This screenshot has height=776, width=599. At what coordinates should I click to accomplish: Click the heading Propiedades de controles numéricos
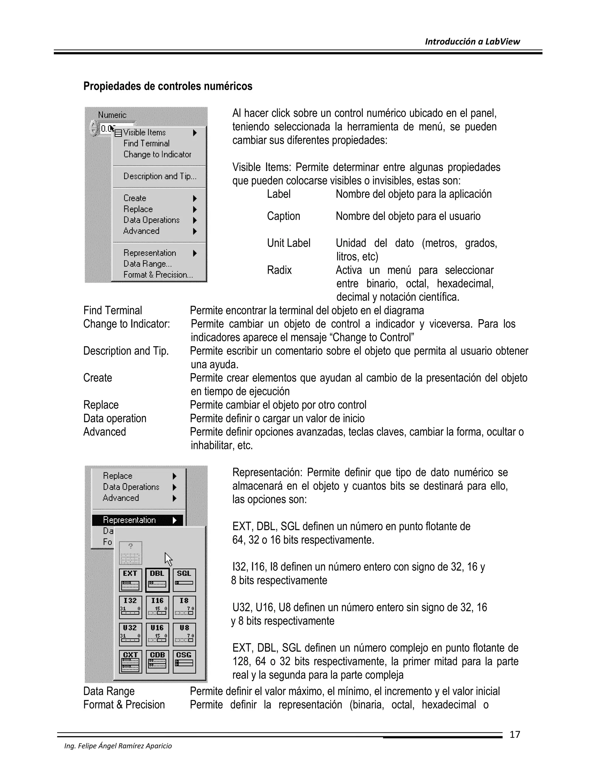[168, 86]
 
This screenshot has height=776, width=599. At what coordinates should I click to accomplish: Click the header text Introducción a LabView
[472, 42]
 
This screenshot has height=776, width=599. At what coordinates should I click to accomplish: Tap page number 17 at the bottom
[514, 734]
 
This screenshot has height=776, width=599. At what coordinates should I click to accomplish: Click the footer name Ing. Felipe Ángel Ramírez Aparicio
[118, 746]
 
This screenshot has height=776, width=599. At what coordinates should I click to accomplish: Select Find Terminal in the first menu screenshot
[146, 143]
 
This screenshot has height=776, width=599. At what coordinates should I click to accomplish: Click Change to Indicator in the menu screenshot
[157, 155]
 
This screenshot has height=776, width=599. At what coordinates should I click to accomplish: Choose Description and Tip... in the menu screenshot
[160, 176]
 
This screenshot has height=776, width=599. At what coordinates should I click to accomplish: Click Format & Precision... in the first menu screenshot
[158, 275]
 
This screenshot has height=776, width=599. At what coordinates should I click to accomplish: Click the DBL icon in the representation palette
[157, 580]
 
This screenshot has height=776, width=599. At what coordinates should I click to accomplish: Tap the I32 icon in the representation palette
[130, 607]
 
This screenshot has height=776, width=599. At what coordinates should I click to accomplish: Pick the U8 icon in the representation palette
[184, 634]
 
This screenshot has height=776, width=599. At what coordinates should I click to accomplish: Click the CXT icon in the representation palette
[130, 661]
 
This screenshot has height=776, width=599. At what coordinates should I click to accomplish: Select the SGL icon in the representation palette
[184, 580]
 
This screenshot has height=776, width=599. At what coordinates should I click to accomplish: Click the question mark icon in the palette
[130, 553]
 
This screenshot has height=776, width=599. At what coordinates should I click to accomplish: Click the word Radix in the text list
[279, 270]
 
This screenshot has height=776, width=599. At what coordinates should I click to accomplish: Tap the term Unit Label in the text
[288, 243]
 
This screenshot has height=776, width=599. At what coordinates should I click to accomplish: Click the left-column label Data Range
[109, 691]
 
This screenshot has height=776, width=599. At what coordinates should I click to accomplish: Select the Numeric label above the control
[112, 115]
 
